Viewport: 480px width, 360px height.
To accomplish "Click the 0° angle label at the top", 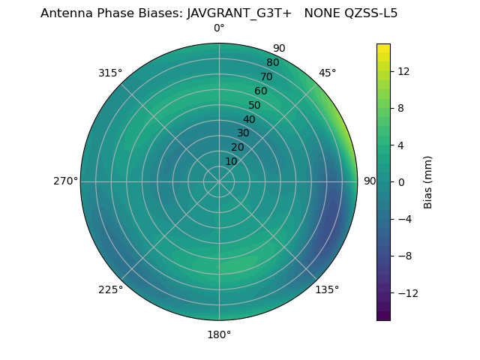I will pos(219,28).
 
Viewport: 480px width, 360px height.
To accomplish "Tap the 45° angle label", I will pos(327,73).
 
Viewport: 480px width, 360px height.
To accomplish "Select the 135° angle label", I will pos(327,289).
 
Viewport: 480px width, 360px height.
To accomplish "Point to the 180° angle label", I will pos(219,334).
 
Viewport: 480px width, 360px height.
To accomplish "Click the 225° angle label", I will pos(110,289).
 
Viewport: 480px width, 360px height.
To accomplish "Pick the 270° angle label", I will pos(65,181).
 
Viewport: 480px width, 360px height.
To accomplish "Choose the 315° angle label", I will pos(110,73).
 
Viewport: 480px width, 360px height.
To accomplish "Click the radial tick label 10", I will pos(232,161).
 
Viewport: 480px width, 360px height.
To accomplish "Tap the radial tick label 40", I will pos(249,120).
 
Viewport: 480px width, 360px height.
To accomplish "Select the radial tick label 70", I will pos(266,77).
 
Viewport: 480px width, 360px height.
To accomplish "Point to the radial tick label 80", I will pos(272,63).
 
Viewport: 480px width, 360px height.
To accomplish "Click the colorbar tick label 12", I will pos(403,71).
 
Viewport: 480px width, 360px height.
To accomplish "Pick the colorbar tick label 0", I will pos(400,181).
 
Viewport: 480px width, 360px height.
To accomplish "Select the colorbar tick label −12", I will pos(406,292).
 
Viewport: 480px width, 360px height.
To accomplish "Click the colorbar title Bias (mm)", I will pos(428,181).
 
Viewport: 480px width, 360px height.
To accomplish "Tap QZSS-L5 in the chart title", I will pos(371,13).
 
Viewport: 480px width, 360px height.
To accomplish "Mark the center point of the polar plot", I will pos(219,181).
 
